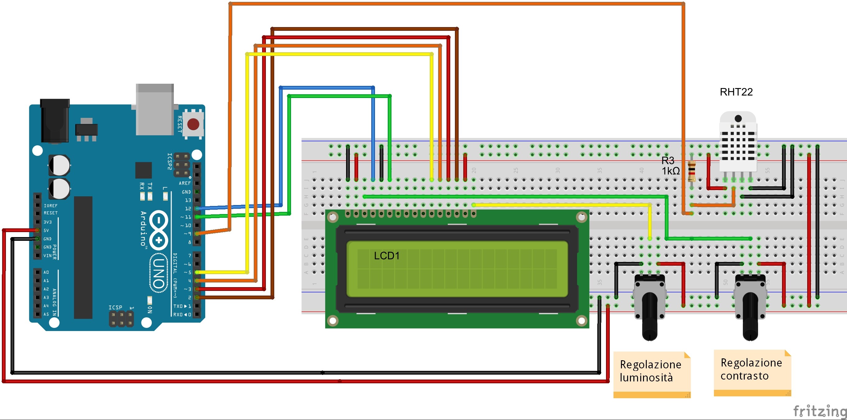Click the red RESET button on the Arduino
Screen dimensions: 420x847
click(193, 124)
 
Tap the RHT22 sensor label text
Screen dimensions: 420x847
click(736, 92)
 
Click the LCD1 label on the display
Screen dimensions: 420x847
click(386, 256)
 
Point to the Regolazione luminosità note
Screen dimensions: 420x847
click(651, 371)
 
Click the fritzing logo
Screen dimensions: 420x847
click(819, 411)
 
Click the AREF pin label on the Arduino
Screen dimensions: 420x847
click(184, 183)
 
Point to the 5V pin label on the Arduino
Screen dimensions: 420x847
click(46, 231)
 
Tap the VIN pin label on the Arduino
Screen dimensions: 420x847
click(47, 255)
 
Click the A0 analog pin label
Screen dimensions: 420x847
click(46, 272)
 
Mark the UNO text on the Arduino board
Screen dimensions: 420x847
click(159, 273)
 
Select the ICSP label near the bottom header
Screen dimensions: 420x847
click(115, 307)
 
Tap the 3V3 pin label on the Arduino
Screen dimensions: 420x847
click(48, 222)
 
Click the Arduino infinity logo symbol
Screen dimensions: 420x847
click(159, 230)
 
